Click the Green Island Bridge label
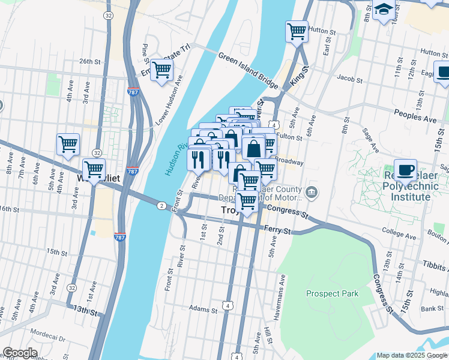[247, 70]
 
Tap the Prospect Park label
[332, 293]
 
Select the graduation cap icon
[384, 11]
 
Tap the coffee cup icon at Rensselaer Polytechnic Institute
[406, 169]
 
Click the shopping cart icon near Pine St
[161, 70]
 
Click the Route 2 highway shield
[161, 206]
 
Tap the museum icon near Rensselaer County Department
[312, 193]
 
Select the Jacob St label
[349, 79]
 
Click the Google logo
[20, 353]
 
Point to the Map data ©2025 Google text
[412, 355]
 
